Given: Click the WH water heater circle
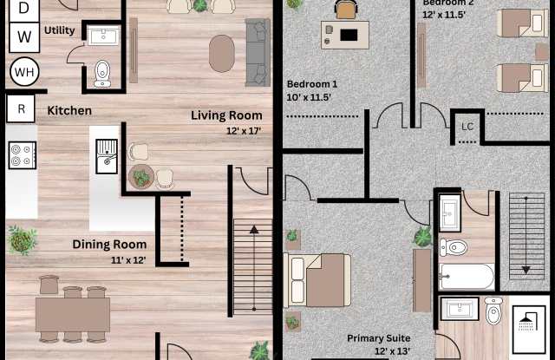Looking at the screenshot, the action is pos(24,72).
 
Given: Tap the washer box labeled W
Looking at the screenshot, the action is pos(24,37).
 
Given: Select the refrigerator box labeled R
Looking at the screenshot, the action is pos(21,108).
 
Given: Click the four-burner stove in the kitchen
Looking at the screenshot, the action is pos(23,155).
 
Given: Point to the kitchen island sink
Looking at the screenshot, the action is pos(107,156).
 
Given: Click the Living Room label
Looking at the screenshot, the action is pos(226,115).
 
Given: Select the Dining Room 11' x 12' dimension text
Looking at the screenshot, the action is pos(128,260).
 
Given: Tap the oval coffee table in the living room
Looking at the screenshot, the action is pos(222,54).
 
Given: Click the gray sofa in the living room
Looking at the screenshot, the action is pos(258,52).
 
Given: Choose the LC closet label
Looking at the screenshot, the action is pos(467,127).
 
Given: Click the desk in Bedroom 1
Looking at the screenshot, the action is pos(345,35).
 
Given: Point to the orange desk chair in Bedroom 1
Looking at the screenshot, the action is pos(346,10).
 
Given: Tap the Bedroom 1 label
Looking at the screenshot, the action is pos(312,84).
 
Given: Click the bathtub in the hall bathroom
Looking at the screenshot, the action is pos(467,277).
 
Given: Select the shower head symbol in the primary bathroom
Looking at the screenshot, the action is pos(527,323).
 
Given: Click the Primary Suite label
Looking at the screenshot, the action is pos(378,338).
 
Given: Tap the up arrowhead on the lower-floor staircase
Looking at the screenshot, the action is pos(254,230).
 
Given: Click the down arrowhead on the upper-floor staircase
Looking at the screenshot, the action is pos(526,270).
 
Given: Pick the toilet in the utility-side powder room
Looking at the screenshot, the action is pos(102,74).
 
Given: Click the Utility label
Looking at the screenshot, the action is pos(60,30).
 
